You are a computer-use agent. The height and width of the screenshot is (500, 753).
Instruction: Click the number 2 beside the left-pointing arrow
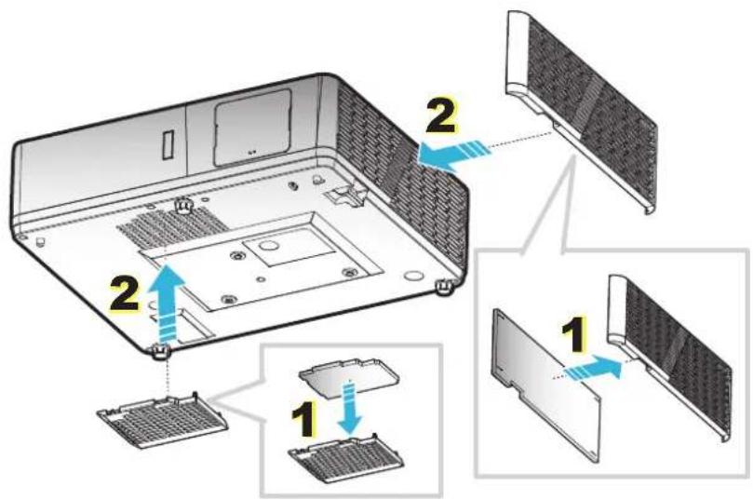(440, 115)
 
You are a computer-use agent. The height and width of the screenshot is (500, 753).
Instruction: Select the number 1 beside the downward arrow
(304, 419)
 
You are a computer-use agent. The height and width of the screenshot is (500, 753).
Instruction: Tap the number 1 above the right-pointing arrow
(574, 335)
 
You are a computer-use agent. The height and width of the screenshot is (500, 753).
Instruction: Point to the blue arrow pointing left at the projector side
(454, 155)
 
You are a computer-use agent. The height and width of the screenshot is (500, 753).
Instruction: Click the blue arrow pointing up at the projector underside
(164, 303)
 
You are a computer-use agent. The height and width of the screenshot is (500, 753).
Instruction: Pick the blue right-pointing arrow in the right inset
(593, 369)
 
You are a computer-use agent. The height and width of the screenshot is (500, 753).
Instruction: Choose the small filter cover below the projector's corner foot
(163, 418)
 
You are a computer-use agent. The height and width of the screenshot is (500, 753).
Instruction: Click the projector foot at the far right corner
(445, 287)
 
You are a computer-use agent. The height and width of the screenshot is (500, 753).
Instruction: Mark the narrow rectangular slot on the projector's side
(168, 145)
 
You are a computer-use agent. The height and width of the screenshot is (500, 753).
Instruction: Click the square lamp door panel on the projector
(252, 127)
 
